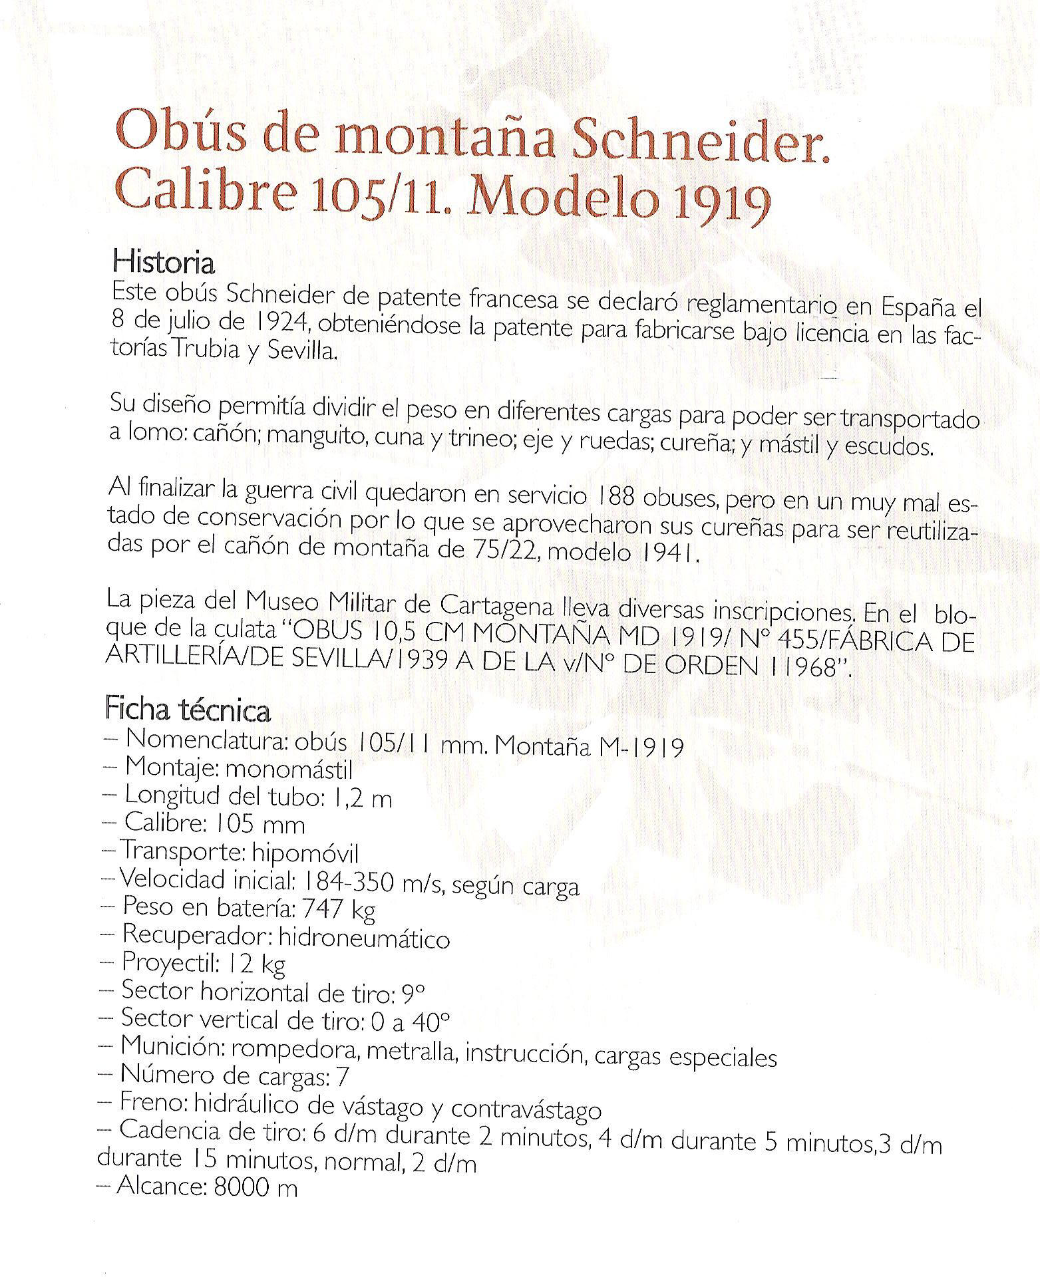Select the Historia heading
164,263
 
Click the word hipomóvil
305,853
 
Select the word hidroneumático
364,938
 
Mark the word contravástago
526,1109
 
